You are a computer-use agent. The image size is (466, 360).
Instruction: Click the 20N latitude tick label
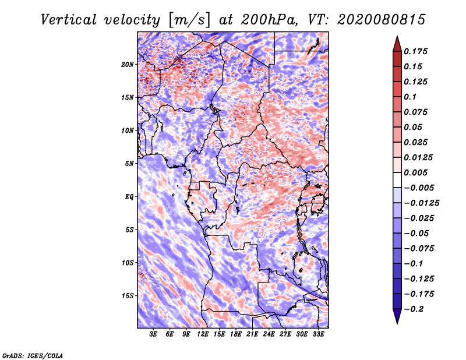click(128, 64)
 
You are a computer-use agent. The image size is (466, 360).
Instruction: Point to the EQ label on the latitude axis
click(129, 197)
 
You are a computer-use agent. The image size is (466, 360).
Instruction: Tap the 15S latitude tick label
click(128, 296)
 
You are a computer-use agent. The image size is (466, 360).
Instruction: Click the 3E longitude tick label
click(154, 334)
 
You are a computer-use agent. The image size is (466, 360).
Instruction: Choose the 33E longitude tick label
click(318, 334)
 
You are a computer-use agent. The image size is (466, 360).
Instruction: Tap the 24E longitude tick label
click(269, 334)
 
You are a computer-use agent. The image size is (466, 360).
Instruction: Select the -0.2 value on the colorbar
click(415, 309)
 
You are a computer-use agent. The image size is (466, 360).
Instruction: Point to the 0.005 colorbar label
click(417, 173)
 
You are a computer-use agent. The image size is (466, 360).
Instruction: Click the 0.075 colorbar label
click(417, 112)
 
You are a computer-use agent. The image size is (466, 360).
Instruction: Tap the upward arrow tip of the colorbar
click(397, 38)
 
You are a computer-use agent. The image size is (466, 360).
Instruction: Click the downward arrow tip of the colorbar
click(397, 322)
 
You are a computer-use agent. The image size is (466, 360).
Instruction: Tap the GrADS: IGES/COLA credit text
click(32, 355)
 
